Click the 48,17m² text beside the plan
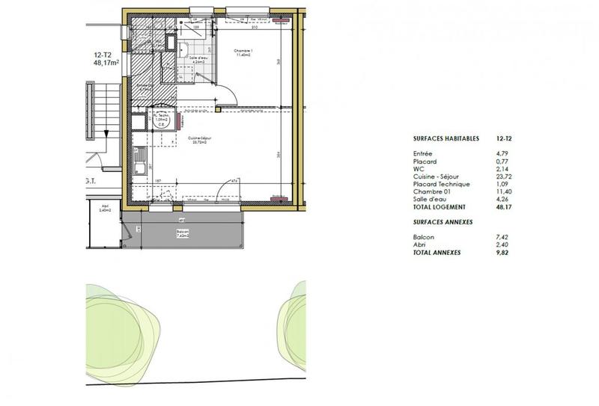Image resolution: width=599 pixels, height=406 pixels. coord(108,64)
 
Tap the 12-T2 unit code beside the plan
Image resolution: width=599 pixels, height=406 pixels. coord(103,55)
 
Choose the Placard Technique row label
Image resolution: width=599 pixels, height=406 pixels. coord(440,184)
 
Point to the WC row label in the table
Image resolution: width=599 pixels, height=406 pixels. coord(418,169)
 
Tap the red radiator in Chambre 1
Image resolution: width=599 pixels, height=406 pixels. coord(282,20)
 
